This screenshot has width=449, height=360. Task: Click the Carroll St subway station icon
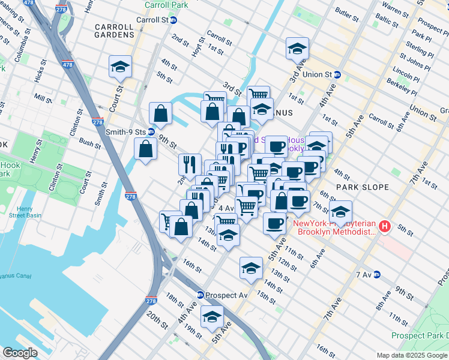tap(174, 19)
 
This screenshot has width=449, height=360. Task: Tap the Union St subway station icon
tap(337, 75)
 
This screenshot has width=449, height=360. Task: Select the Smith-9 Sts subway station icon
tap(151, 131)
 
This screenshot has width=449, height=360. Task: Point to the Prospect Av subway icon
tap(200, 295)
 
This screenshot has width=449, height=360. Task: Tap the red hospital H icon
tap(385, 227)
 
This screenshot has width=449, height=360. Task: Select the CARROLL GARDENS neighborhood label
tap(114, 35)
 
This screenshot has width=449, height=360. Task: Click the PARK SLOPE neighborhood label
tap(360, 187)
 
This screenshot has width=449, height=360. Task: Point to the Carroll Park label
tap(166, 5)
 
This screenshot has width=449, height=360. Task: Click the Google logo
tap(20, 353)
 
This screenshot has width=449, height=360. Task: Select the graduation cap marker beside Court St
tap(121, 67)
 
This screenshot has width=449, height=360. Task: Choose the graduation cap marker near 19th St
tap(211, 317)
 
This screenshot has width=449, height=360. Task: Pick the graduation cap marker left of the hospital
tap(341, 212)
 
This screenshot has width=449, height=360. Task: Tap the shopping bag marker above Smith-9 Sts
tap(161, 112)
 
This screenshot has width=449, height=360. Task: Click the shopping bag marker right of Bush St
tap(146, 149)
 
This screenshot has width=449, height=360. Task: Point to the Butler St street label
tap(346, 12)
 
